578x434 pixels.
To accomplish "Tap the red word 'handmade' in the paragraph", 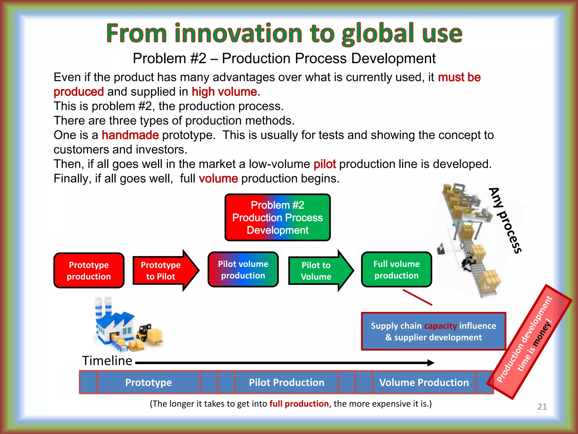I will coord(130,135).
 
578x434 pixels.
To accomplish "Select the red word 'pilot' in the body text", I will coord(325,164).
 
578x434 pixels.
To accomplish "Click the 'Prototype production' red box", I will coord(89,270).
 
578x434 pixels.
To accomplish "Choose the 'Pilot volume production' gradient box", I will coord(243,270).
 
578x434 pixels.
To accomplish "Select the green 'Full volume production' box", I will coord(396,270).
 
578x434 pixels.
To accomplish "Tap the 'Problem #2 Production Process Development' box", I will coord(277,217).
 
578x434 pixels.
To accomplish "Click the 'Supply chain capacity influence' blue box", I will coord(433,331).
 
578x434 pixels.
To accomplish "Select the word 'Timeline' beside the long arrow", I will coord(107,361).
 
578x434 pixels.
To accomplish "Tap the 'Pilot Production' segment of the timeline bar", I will coord(286,382).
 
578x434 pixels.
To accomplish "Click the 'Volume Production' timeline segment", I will coord(424,382).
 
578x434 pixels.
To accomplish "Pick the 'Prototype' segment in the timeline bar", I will coord(148,382).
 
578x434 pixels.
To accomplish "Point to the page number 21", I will coord(542,407).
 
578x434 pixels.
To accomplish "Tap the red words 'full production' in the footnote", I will coord(299,404).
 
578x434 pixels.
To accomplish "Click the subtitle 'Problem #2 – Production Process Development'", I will coord(284,58).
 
